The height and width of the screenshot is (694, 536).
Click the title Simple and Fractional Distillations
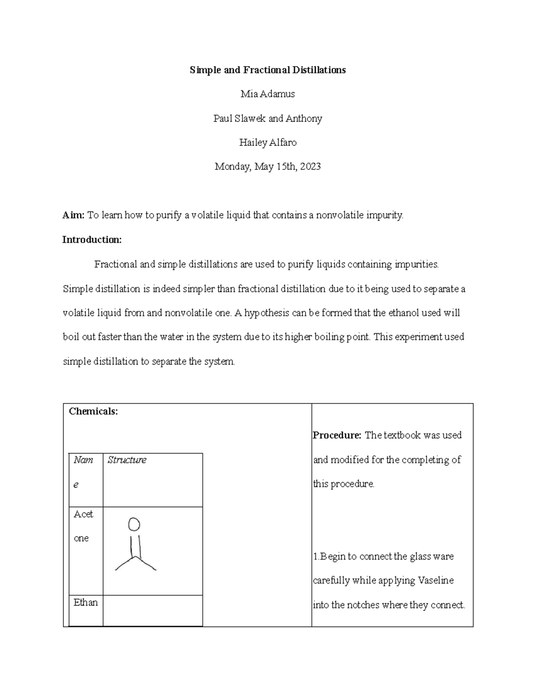(268, 70)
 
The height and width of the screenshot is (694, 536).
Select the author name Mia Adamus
(268, 94)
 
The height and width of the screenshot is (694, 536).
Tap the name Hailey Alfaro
(268, 143)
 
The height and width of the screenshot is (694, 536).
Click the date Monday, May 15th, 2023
(268, 167)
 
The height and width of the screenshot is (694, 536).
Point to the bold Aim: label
(73, 215)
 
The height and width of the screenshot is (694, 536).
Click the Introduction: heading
(92, 240)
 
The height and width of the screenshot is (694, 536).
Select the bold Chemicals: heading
(93, 412)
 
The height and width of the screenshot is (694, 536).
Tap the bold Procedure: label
(337, 435)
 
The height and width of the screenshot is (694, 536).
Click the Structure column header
(127, 460)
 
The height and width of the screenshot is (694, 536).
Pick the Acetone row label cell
(84, 526)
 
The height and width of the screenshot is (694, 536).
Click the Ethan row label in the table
(85, 602)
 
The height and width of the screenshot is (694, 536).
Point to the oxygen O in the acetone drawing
(134, 524)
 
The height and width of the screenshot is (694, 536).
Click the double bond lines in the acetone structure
(135, 545)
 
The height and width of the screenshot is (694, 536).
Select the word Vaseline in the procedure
(435, 580)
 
